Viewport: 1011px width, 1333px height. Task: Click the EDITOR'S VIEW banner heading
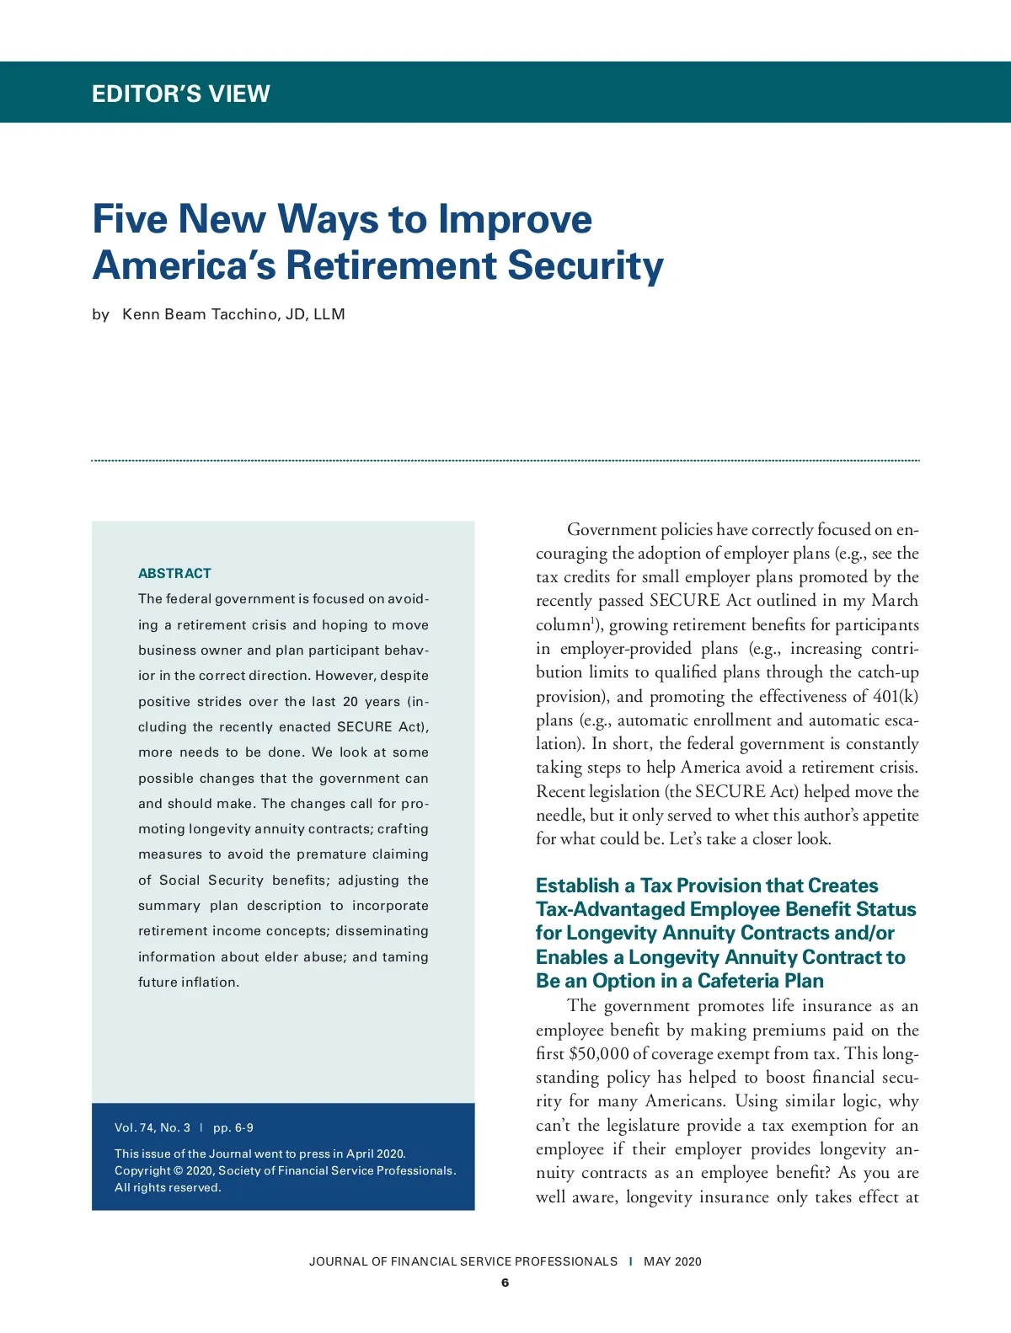pyautogui.click(x=181, y=94)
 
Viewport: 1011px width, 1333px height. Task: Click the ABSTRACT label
pyautogui.click(x=174, y=573)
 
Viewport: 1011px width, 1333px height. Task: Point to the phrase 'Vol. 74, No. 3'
pyautogui.click(x=152, y=1127)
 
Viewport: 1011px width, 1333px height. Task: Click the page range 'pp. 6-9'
pyautogui.click(x=233, y=1127)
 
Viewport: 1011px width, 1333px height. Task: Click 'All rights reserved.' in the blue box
pyautogui.click(x=168, y=1187)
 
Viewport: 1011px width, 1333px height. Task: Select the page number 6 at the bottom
pyautogui.click(x=505, y=1282)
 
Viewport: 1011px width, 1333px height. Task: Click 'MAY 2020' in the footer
pyautogui.click(x=672, y=1261)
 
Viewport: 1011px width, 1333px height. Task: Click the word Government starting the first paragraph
pyautogui.click(x=612, y=529)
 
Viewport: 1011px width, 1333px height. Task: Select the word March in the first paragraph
pyautogui.click(x=895, y=600)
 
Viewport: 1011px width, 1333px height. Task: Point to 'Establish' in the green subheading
pyautogui.click(x=577, y=886)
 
